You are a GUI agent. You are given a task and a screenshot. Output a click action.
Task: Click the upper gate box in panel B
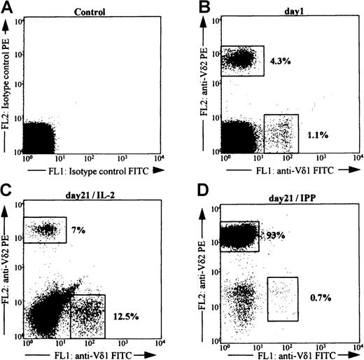coord(242,61)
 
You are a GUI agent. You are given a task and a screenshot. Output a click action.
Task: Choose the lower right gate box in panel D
coord(283,299)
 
